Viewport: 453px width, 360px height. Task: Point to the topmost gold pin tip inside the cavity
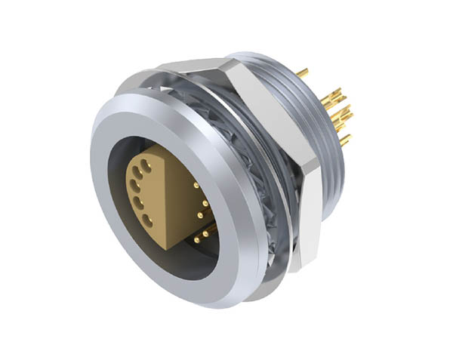pos(196,184)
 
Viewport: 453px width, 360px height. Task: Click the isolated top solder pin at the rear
pos(303,73)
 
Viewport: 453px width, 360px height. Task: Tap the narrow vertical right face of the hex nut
pos(310,219)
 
